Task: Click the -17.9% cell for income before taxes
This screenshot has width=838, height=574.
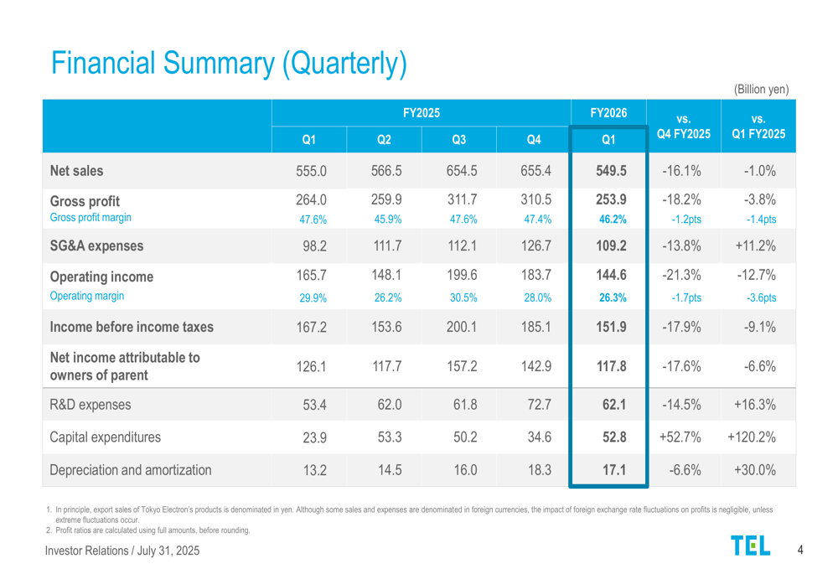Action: pos(682,326)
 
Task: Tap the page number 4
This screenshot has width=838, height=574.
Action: pos(800,550)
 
